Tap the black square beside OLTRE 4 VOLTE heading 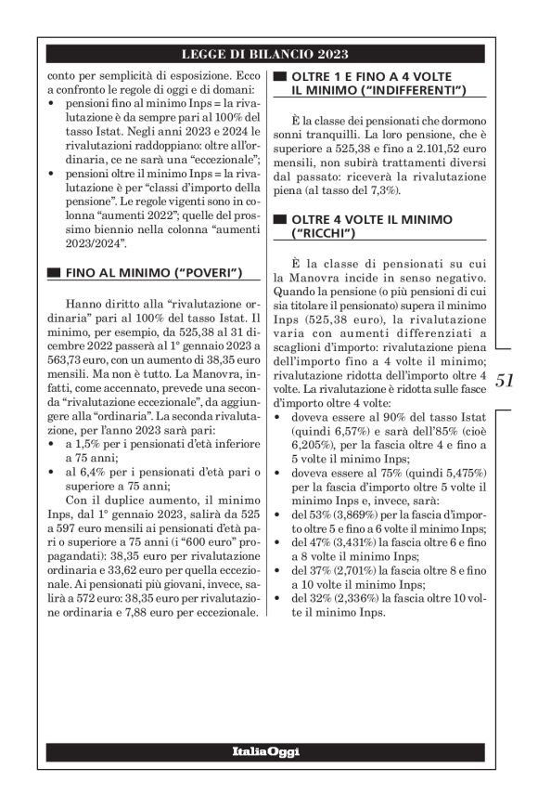point(278,219)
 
